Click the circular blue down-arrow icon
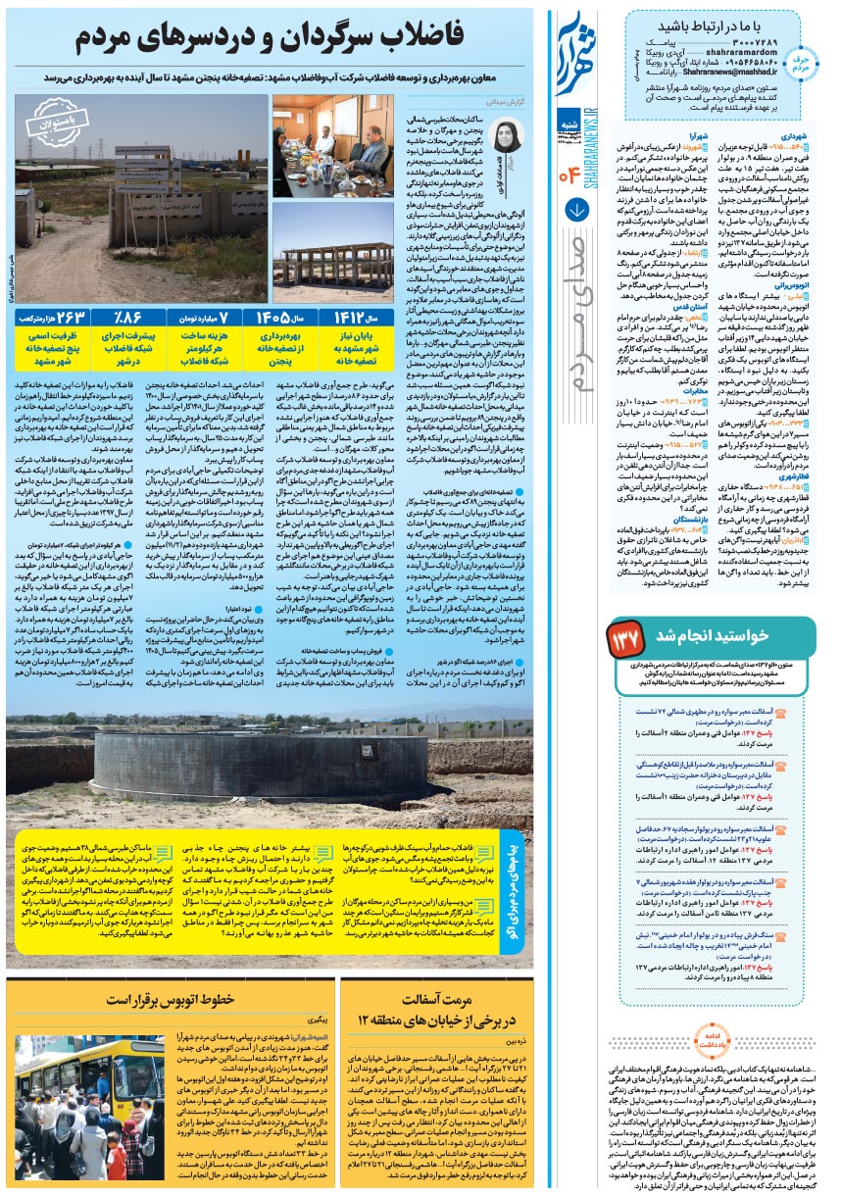[x=577, y=209]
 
